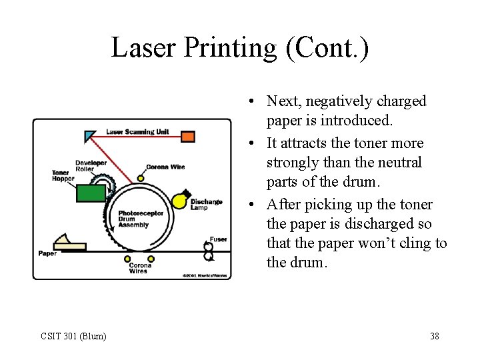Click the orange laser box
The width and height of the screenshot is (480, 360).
click(x=188, y=137)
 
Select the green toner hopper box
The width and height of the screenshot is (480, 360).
click(x=91, y=193)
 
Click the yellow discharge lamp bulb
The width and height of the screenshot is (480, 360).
click(x=179, y=200)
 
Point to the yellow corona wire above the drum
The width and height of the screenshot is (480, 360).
click(x=141, y=178)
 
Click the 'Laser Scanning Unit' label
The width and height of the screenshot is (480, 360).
click(x=138, y=131)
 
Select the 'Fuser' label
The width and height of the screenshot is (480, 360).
click(x=218, y=239)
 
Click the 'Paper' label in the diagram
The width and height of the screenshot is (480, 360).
click(x=47, y=253)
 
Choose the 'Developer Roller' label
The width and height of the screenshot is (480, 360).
click(x=91, y=166)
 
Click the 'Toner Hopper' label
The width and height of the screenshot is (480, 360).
click(x=63, y=175)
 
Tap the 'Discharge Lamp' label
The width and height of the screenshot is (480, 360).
click(x=206, y=204)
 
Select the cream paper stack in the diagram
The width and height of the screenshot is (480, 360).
click(x=70, y=243)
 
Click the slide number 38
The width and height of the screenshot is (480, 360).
click(x=434, y=336)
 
